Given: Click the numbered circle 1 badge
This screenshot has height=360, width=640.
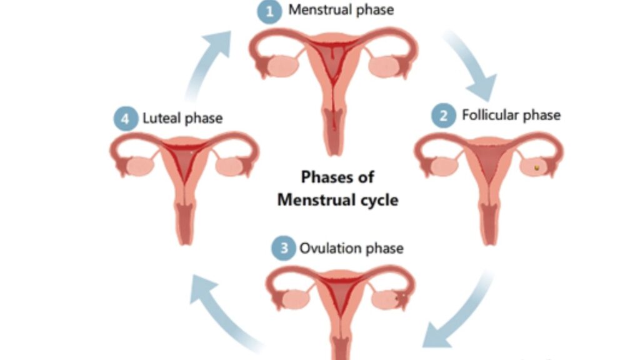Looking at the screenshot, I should [x=271, y=12].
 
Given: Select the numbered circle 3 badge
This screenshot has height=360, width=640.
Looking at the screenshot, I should [x=283, y=249].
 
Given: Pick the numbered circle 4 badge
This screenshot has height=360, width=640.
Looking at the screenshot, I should [x=126, y=119].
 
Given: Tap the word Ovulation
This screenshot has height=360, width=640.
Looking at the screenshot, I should [x=329, y=248].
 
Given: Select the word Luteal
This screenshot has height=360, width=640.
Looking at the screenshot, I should [x=163, y=118].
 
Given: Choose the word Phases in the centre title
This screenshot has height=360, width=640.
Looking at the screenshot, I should [x=322, y=177].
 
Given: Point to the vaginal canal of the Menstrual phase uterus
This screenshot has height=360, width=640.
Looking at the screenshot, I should [x=334, y=128].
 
